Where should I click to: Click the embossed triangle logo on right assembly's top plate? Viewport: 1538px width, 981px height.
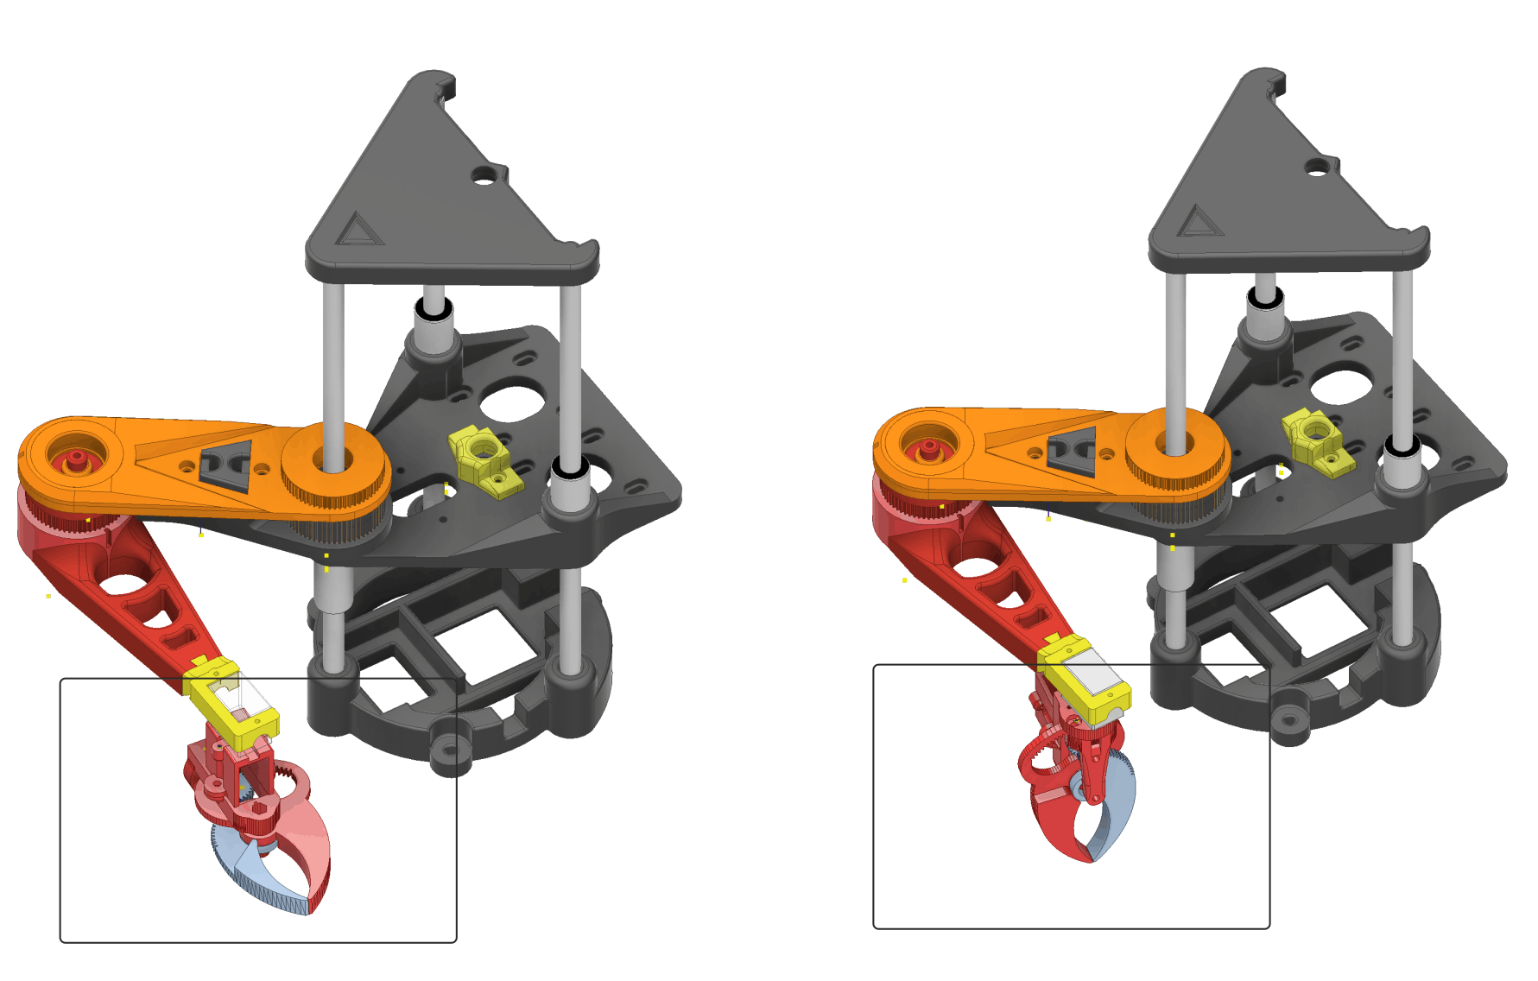[x=1197, y=222]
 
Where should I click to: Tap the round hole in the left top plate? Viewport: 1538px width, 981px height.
[x=484, y=176]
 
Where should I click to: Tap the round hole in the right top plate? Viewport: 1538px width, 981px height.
[x=1318, y=167]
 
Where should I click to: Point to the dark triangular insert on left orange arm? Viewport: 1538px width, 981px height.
[x=226, y=465]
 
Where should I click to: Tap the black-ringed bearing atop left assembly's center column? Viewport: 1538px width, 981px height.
[x=434, y=307]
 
